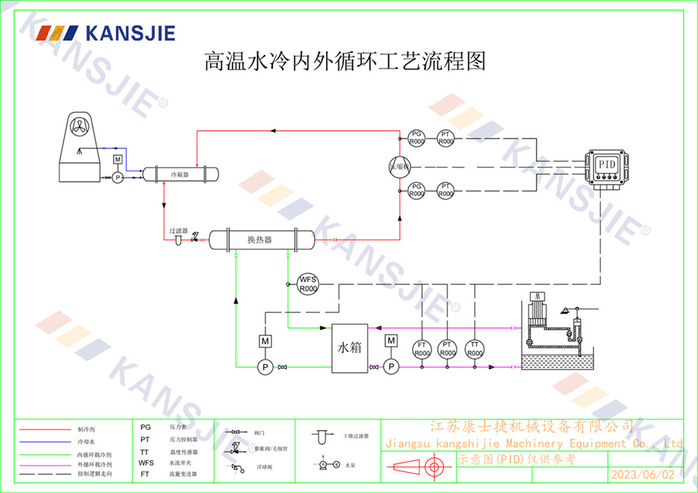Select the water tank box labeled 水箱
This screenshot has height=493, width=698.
(350, 348)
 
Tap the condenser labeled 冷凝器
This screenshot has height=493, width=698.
(179, 173)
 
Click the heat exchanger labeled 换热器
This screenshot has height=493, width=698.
(260, 240)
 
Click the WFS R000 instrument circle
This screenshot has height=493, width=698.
(308, 284)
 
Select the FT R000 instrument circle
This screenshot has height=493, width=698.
(422, 349)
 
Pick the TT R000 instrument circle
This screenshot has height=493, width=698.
(475, 349)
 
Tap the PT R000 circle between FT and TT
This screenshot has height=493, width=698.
(448, 349)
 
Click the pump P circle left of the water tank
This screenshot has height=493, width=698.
(264, 366)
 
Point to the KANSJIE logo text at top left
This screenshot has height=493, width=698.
(129, 33)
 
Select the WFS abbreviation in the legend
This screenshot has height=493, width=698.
(146, 462)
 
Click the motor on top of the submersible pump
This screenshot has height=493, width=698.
(538, 309)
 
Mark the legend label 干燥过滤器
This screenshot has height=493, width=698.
(356, 435)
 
